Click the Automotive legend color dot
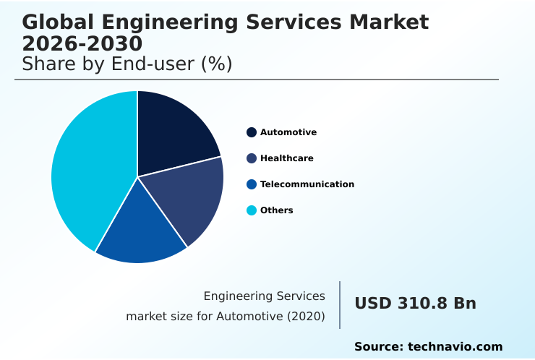[252, 132]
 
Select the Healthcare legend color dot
[252, 158]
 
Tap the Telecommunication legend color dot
[252, 184]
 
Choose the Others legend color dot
[252, 210]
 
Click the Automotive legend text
[288, 132]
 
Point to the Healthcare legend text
[287, 158]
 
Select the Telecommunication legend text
[307, 184]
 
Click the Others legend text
[277, 210]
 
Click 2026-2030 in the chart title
[82, 44]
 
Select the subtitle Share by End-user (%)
[127, 64]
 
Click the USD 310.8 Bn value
[415, 304]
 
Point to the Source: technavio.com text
[428, 347]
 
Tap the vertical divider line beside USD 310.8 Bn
[340, 305]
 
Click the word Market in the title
[388, 22]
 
